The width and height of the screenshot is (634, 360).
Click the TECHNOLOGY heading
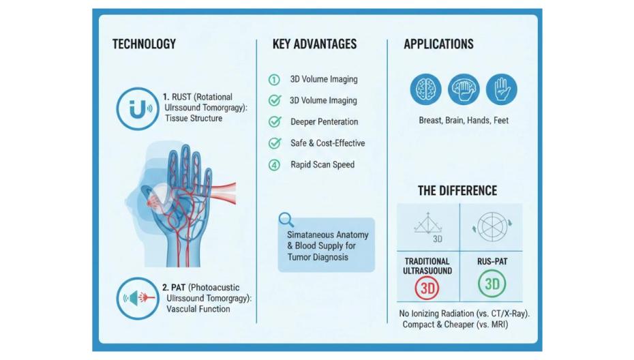[x=144, y=44]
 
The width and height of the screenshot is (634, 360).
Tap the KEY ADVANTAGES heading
[x=314, y=44]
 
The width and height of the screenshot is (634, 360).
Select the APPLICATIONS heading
[x=438, y=44]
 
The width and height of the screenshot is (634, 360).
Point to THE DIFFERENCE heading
[x=457, y=191]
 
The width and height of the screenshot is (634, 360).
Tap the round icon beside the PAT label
[x=137, y=298]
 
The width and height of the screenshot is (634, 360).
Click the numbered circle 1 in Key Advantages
[x=274, y=80]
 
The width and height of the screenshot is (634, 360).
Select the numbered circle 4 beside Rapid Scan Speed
[x=274, y=164]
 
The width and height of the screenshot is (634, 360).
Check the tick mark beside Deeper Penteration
[x=275, y=122]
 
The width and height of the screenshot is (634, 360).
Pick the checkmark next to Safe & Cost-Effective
[x=275, y=143]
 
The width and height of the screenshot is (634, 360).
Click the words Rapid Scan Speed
[x=322, y=164]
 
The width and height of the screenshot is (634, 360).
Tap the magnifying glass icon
[x=287, y=220]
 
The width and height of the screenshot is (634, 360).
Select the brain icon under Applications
[x=426, y=89]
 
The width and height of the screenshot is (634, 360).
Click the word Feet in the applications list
[x=498, y=121]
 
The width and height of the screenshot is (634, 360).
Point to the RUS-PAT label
[x=491, y=261]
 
